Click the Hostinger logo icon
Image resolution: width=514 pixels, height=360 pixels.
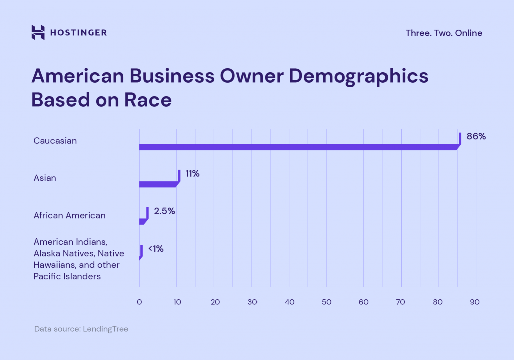click(38, 33)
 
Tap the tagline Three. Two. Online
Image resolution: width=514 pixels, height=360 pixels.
click(444, 33)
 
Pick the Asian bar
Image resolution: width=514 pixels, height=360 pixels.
click(158, 184)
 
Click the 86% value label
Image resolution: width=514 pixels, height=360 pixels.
click(476, 136)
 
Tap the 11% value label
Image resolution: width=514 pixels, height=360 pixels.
click(192, 174)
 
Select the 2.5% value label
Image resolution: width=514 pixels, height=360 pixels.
click(164, 211)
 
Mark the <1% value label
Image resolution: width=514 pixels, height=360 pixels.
click(156, 249)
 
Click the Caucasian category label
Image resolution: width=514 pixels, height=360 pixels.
click(55, 141)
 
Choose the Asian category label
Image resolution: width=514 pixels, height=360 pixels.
click(45, 178)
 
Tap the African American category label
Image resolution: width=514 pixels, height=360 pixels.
click(69, 215)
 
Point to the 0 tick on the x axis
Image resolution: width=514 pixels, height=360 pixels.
click(139, 302)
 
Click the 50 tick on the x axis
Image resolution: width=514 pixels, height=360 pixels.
click(326, 302)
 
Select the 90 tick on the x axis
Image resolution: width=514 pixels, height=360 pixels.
click(475, 302)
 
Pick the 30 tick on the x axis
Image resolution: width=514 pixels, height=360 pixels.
click(252, 302)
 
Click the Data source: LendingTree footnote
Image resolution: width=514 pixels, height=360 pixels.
click(81, 329)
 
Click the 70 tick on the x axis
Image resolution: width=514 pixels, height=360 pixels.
click(401, 302)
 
